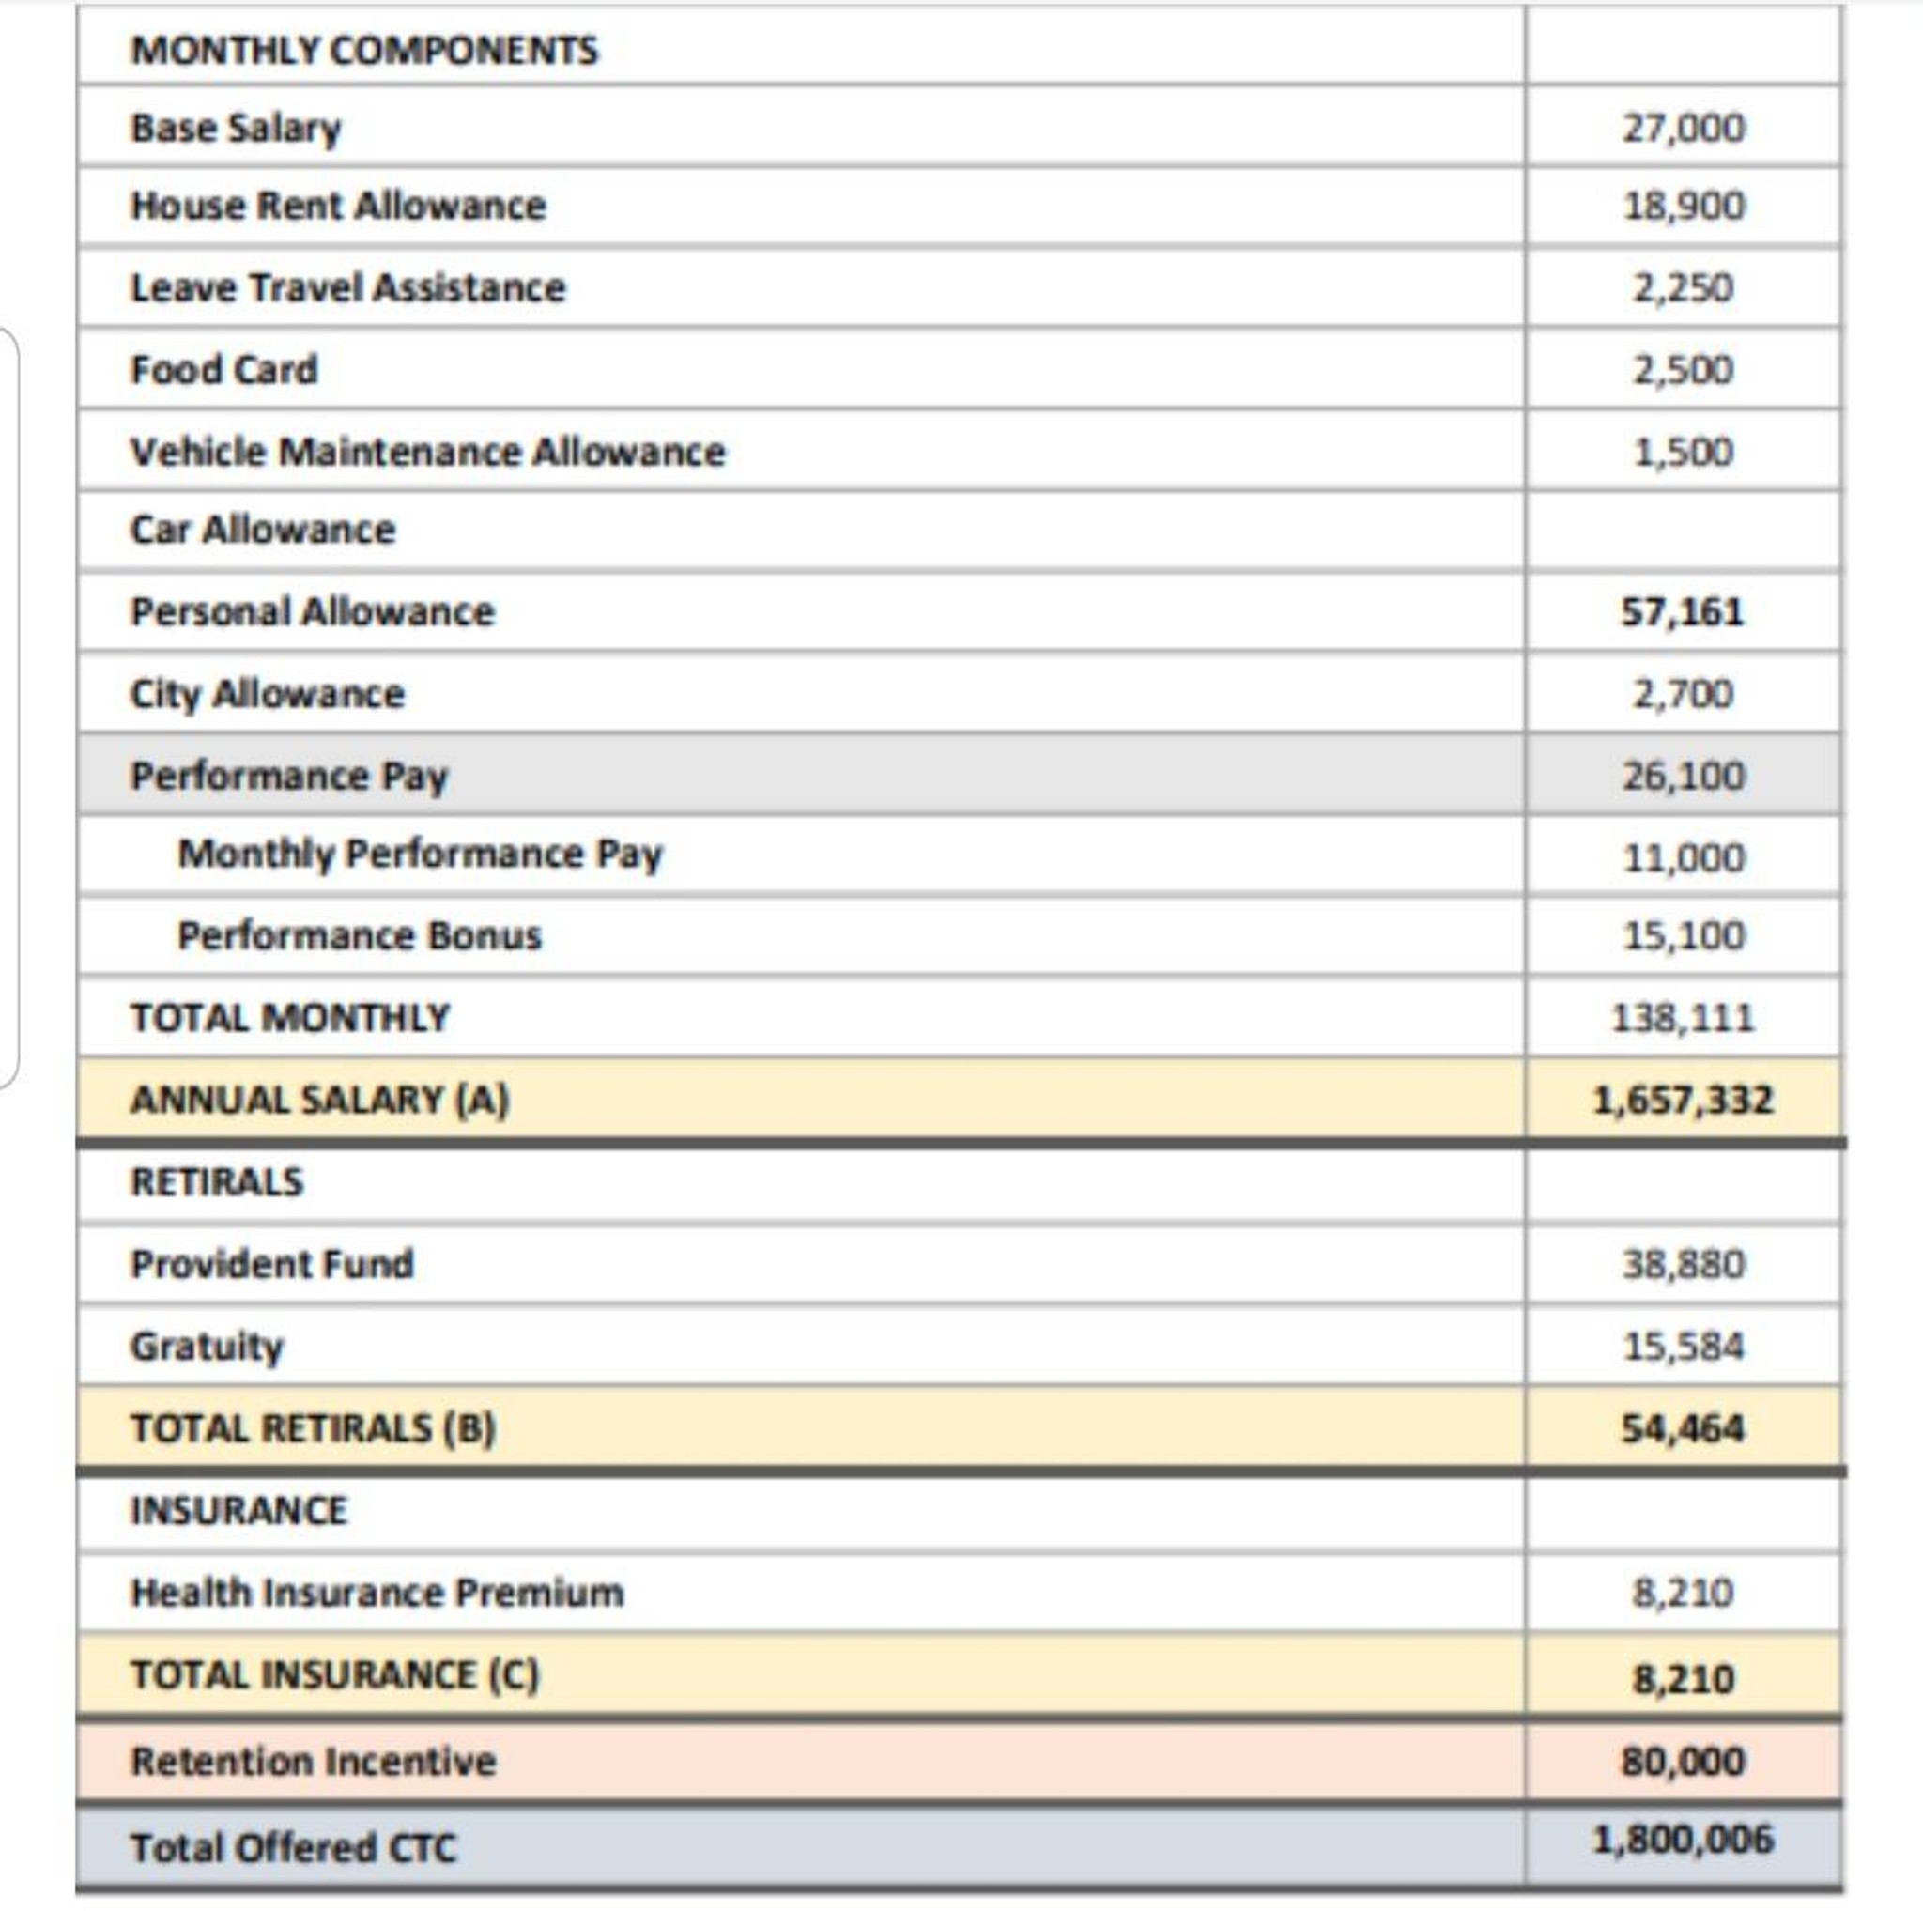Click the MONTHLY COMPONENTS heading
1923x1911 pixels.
pyautogui.click(x=364, y=50)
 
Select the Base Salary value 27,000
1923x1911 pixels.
pyautogui.click(x=1684, y=128)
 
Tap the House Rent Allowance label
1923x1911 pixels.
pyautogui.click(x=338, y=206)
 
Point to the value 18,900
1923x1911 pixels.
pyautogui.click(x=1684, y=206)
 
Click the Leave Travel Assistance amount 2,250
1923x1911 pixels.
pyautogui.click(x=1684, y=287)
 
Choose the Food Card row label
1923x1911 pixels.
pyautogui.click(x=224, y=369)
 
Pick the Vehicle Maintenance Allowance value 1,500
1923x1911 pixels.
pyautogui.click(x=1684, y=452)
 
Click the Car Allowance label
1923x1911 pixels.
pyautogui.click(x=263, y=530)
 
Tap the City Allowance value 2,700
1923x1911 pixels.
pyautogui.click(x=1684, y=694)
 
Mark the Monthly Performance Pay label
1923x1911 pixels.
pyautogui.click(x=419, y=854)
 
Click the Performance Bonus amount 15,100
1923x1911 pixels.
pyautogui.click(x=1684, y=935)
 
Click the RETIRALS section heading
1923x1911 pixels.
pyautogui.click(x=216, y=1181)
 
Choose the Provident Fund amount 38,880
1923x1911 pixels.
pyautogui.click(x=1684, y=1264)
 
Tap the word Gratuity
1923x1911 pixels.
pyautogui.click(x=207, y=1346)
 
